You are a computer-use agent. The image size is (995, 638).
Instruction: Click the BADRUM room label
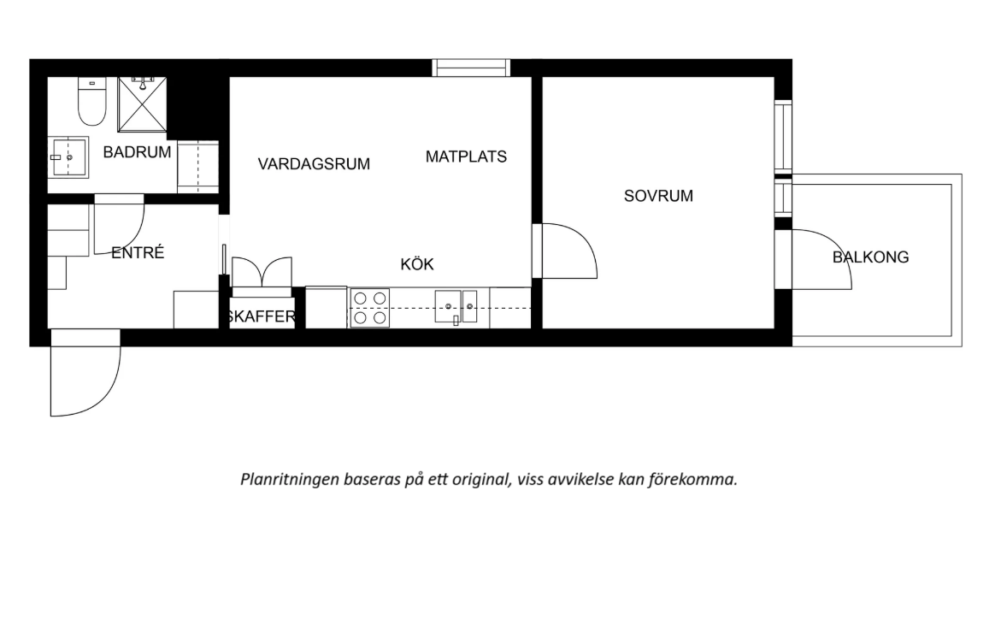137,152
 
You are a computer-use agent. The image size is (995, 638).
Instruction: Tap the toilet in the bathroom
91,103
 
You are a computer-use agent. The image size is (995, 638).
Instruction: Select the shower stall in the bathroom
143,104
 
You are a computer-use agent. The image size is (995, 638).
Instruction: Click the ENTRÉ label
137,253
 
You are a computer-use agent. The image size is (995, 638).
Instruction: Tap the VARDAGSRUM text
314,164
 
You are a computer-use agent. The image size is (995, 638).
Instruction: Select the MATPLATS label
466,157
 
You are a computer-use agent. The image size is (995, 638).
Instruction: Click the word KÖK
417,264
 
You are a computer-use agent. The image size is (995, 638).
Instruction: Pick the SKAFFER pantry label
262,317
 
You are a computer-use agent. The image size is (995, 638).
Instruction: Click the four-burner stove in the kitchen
369,308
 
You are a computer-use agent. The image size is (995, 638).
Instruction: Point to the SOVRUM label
658,196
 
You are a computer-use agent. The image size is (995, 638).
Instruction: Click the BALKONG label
871,257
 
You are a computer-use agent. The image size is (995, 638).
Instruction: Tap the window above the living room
471,68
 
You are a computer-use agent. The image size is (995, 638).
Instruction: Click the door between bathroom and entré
120,222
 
